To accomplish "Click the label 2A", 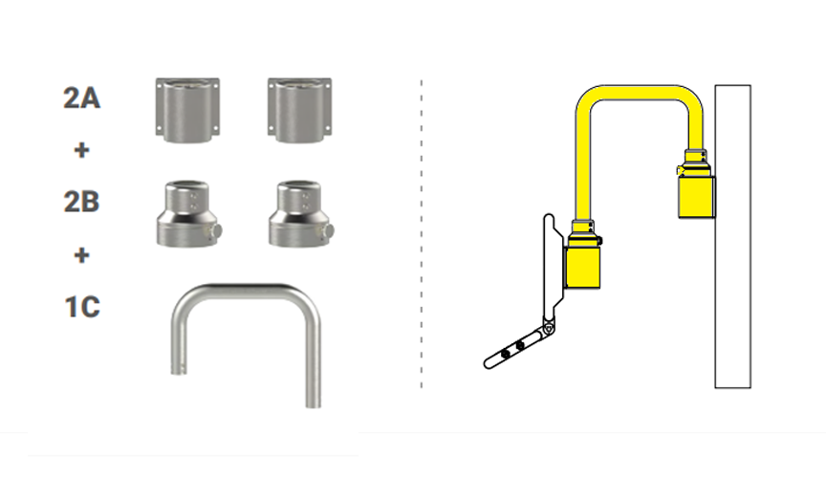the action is click(x=81, y=98).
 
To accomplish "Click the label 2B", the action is click(x=81, y=202).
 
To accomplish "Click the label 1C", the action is click(x=82, y=307).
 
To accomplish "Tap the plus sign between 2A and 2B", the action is click(x=81, y=150).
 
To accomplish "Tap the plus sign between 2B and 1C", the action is click(x=81, y=255).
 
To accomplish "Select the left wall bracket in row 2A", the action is click(x=187, y=110).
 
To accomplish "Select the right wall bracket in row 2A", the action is click(x=300, y=110).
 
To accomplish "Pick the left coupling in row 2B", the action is click(x=189, y=213).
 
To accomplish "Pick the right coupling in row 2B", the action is click(x=301, y=213).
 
